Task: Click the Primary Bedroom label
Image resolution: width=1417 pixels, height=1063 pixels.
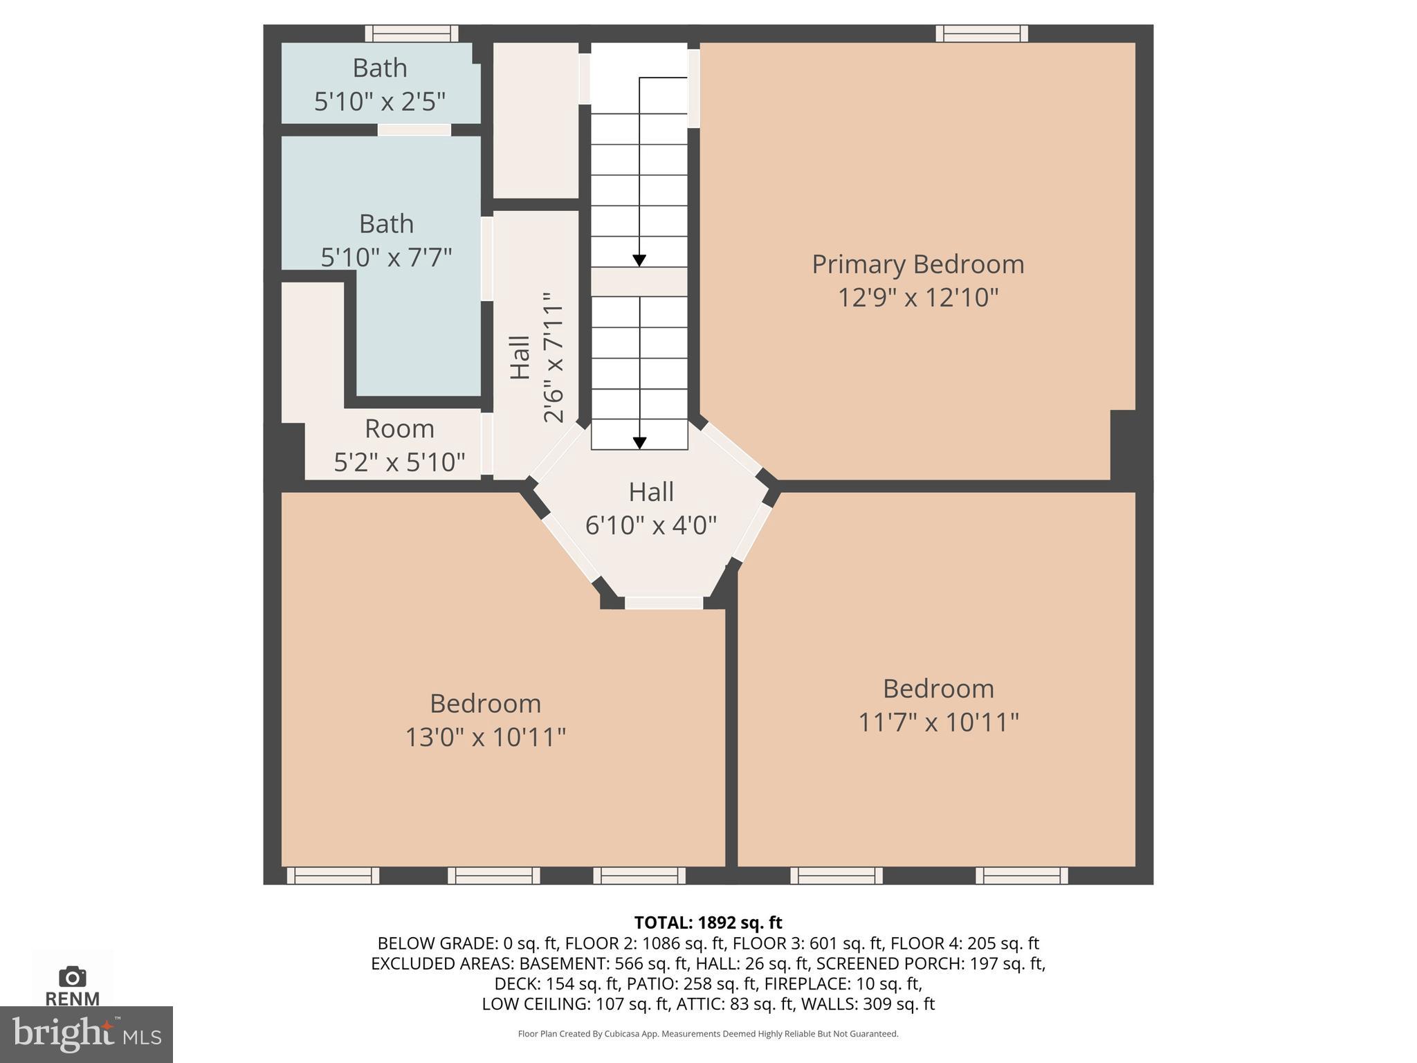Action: (917, 264)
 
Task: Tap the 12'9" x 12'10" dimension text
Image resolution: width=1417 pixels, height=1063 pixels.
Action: (917, 298)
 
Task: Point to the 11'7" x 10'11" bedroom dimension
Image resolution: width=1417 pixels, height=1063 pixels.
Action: (938, 723)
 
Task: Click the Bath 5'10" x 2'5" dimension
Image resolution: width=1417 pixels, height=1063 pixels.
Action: (379, 102)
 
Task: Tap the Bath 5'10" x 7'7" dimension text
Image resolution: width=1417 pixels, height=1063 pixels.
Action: (386, 257)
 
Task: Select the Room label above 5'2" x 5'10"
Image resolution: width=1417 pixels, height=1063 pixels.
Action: (399, 429)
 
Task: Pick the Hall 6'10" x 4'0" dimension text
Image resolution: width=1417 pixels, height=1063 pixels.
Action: (650, 526)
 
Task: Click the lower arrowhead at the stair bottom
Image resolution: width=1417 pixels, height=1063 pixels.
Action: (639, 443)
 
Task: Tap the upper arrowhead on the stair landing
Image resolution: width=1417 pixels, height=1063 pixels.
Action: (639, 260)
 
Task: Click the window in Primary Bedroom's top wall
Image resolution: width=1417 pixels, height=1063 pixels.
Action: (981, 33)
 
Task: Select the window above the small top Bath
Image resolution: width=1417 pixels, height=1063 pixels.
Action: (411, 33)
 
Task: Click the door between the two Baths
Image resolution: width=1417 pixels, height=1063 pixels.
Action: (414, 130)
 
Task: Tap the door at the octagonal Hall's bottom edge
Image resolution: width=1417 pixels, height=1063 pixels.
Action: (664, 603)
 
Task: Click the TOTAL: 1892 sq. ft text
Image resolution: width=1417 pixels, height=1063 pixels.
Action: (708, 923)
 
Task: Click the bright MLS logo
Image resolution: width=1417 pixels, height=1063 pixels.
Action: (86, 1034)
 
